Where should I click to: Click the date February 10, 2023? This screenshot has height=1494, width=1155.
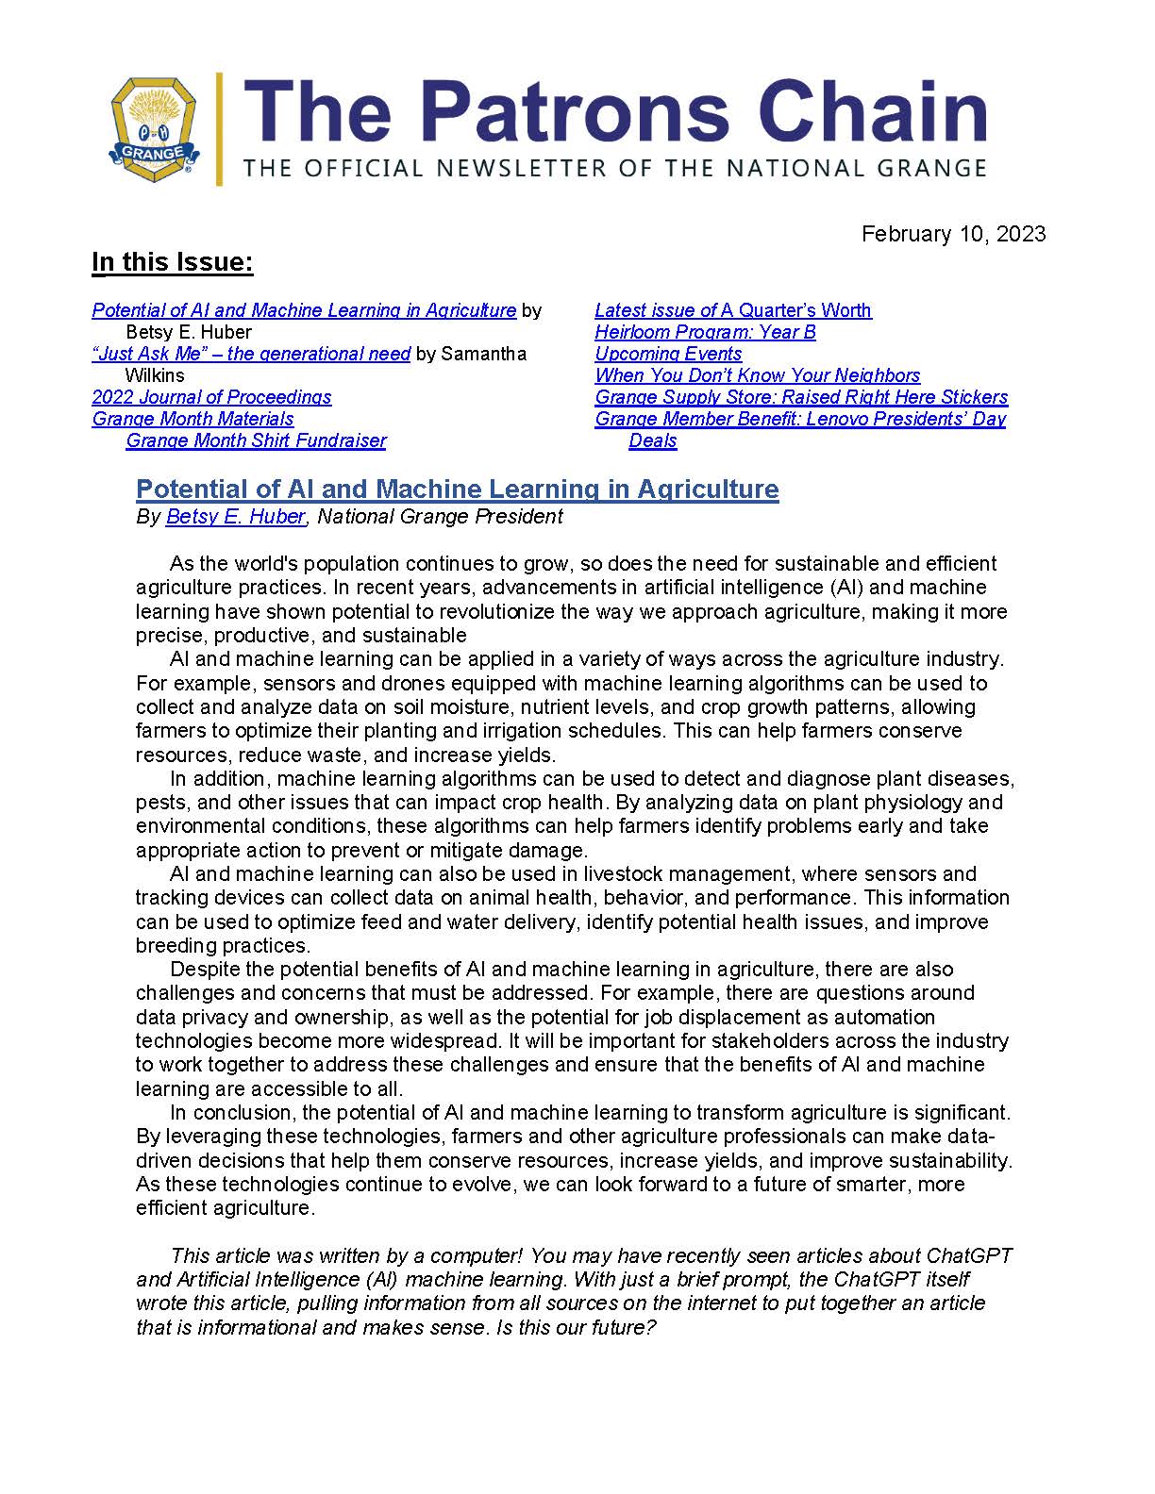click(953, 234)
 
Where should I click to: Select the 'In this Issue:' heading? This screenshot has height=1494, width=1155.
click(173, 262)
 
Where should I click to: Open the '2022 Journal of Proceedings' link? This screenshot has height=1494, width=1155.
click(211, 397)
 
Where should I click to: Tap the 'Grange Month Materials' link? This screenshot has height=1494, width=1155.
click(192, 419)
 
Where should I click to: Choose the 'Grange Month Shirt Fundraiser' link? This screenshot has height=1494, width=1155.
click(256, 440)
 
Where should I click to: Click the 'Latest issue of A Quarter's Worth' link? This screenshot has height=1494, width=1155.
click(732, 310)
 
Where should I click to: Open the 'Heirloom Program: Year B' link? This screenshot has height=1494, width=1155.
click(705, 332)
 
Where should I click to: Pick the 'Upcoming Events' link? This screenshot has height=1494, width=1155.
click(668, 354)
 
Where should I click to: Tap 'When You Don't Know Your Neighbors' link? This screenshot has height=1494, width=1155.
click(757, 375)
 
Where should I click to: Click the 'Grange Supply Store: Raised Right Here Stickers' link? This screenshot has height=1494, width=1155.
click(801, 397)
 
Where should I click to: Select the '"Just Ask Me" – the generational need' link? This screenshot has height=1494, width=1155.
click(251, 354)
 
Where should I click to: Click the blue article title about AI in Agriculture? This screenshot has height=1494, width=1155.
click(458, 489)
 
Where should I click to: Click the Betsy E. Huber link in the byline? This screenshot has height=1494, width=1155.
click(235, 516)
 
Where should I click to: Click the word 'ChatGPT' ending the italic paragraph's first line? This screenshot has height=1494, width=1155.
click(969, 1255)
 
